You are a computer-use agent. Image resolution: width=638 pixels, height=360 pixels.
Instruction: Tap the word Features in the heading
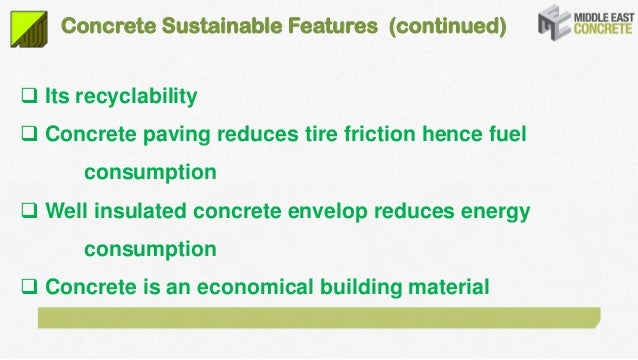coord(326,24)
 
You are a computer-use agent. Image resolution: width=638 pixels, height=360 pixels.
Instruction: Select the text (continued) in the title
coord(439,24)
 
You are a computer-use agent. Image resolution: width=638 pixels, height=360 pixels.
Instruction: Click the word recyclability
coord(134,98)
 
